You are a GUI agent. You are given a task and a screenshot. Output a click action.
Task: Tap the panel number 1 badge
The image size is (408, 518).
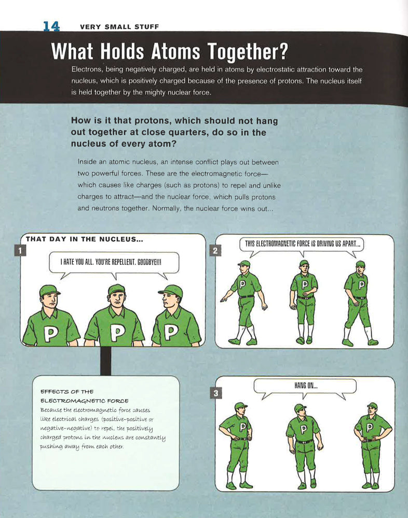[x=20, y=251]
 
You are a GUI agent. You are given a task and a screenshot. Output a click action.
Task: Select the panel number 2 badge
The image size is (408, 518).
[x=214, y=251]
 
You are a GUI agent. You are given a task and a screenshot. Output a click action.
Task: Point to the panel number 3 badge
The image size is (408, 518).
[x=214, y=393]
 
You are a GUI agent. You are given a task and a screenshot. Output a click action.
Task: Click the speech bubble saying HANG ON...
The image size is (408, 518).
[x=305, y=386]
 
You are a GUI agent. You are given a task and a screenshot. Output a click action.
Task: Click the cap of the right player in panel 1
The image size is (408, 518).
[x=171, y=290]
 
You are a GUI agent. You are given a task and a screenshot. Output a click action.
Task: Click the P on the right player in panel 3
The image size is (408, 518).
[x=370, y=427]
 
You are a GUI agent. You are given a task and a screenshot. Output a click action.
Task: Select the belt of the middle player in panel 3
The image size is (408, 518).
[x=304, y=441]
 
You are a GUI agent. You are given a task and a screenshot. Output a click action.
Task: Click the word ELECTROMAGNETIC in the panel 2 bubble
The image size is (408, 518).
[x=290, y=243]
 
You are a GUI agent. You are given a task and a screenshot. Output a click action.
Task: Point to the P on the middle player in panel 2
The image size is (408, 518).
[x=305, y=284]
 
